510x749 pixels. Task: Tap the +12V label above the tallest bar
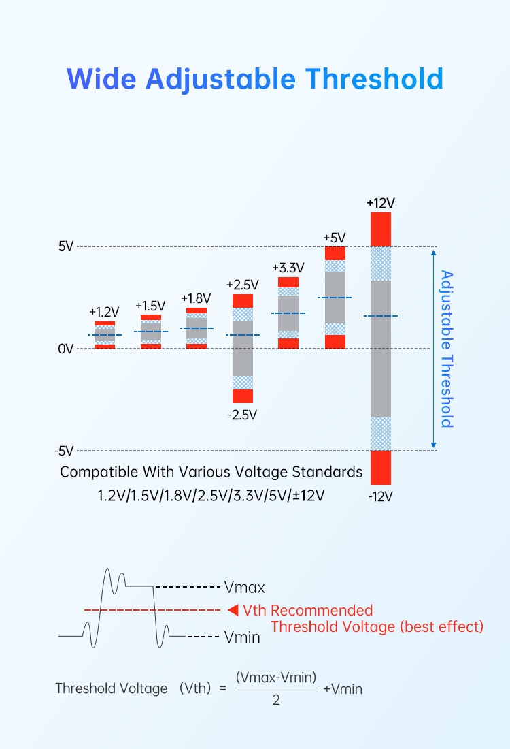(380, 203)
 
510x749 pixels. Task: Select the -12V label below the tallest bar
(380, 496)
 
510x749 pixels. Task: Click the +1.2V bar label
(104, 312)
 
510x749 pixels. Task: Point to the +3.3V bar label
(288, 268)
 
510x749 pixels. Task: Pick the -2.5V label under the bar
(243, 414)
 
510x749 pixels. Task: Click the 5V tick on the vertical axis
(65, 246)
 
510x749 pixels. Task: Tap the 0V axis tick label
(65, 349)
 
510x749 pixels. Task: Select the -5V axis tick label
(64, 451)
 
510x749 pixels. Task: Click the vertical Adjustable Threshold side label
(447, 349)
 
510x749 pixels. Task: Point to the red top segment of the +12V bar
(381, 229)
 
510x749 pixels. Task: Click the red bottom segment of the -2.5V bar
(243, 396)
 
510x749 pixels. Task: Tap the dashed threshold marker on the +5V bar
(335, 298)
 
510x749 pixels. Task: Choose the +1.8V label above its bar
(196, 298)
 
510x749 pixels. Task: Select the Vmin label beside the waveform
(242, 637)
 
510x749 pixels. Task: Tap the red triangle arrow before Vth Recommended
(232, 609)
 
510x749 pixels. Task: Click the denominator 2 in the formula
(276, 700)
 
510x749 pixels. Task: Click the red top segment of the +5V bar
(335, 253)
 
